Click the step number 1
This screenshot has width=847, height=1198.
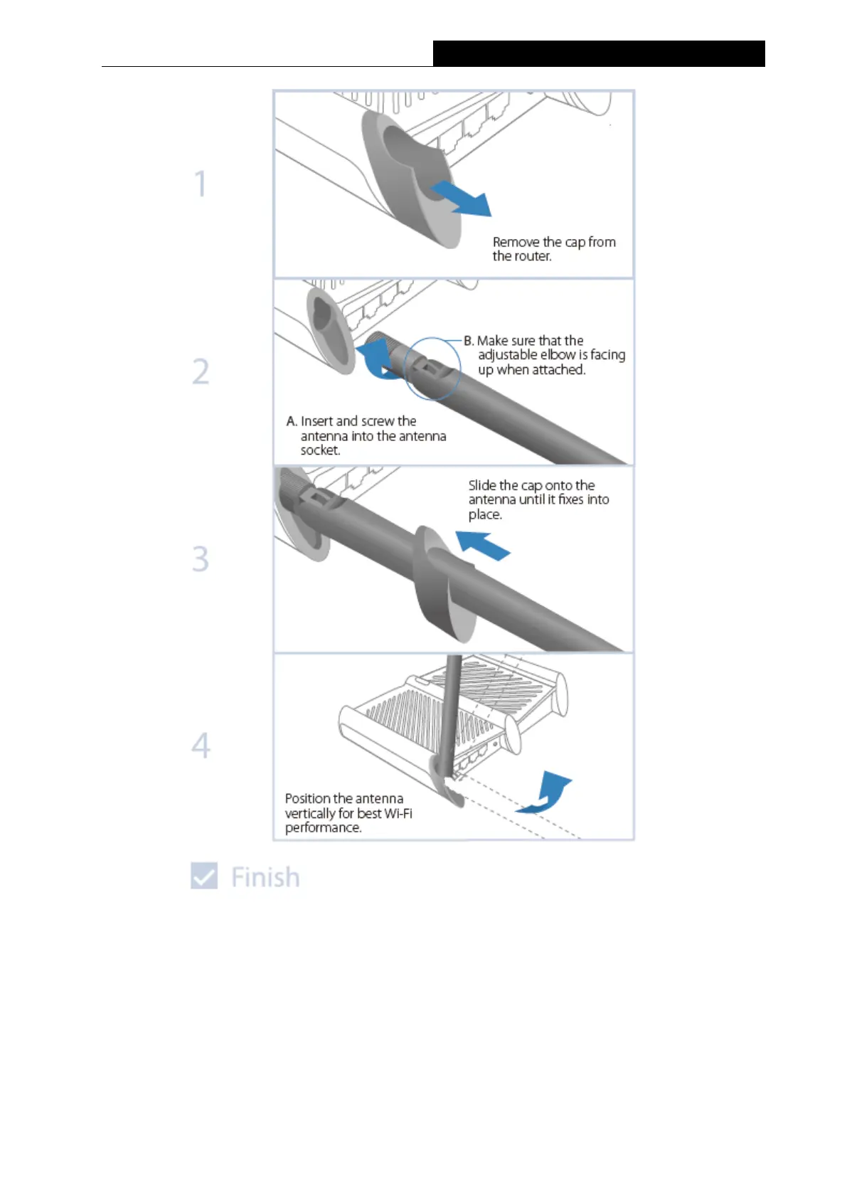[201, 184]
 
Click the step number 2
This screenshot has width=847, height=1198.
[201, 371]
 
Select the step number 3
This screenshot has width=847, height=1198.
[201, 558]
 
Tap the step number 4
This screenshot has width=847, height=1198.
[201, 746]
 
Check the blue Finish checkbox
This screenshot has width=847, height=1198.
[204, 876]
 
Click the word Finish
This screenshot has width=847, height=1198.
[265, 877]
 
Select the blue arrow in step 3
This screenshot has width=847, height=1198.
[482, 546]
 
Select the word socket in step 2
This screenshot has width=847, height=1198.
[319, 450]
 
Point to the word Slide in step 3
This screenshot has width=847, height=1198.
[482, 485]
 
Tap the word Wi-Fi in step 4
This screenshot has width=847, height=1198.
[398, 813]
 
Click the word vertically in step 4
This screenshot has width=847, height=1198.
[310, 813]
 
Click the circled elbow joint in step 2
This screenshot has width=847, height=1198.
[432, 369]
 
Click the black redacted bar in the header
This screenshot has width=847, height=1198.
[599, 53]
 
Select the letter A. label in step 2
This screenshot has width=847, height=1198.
[292, 421]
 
